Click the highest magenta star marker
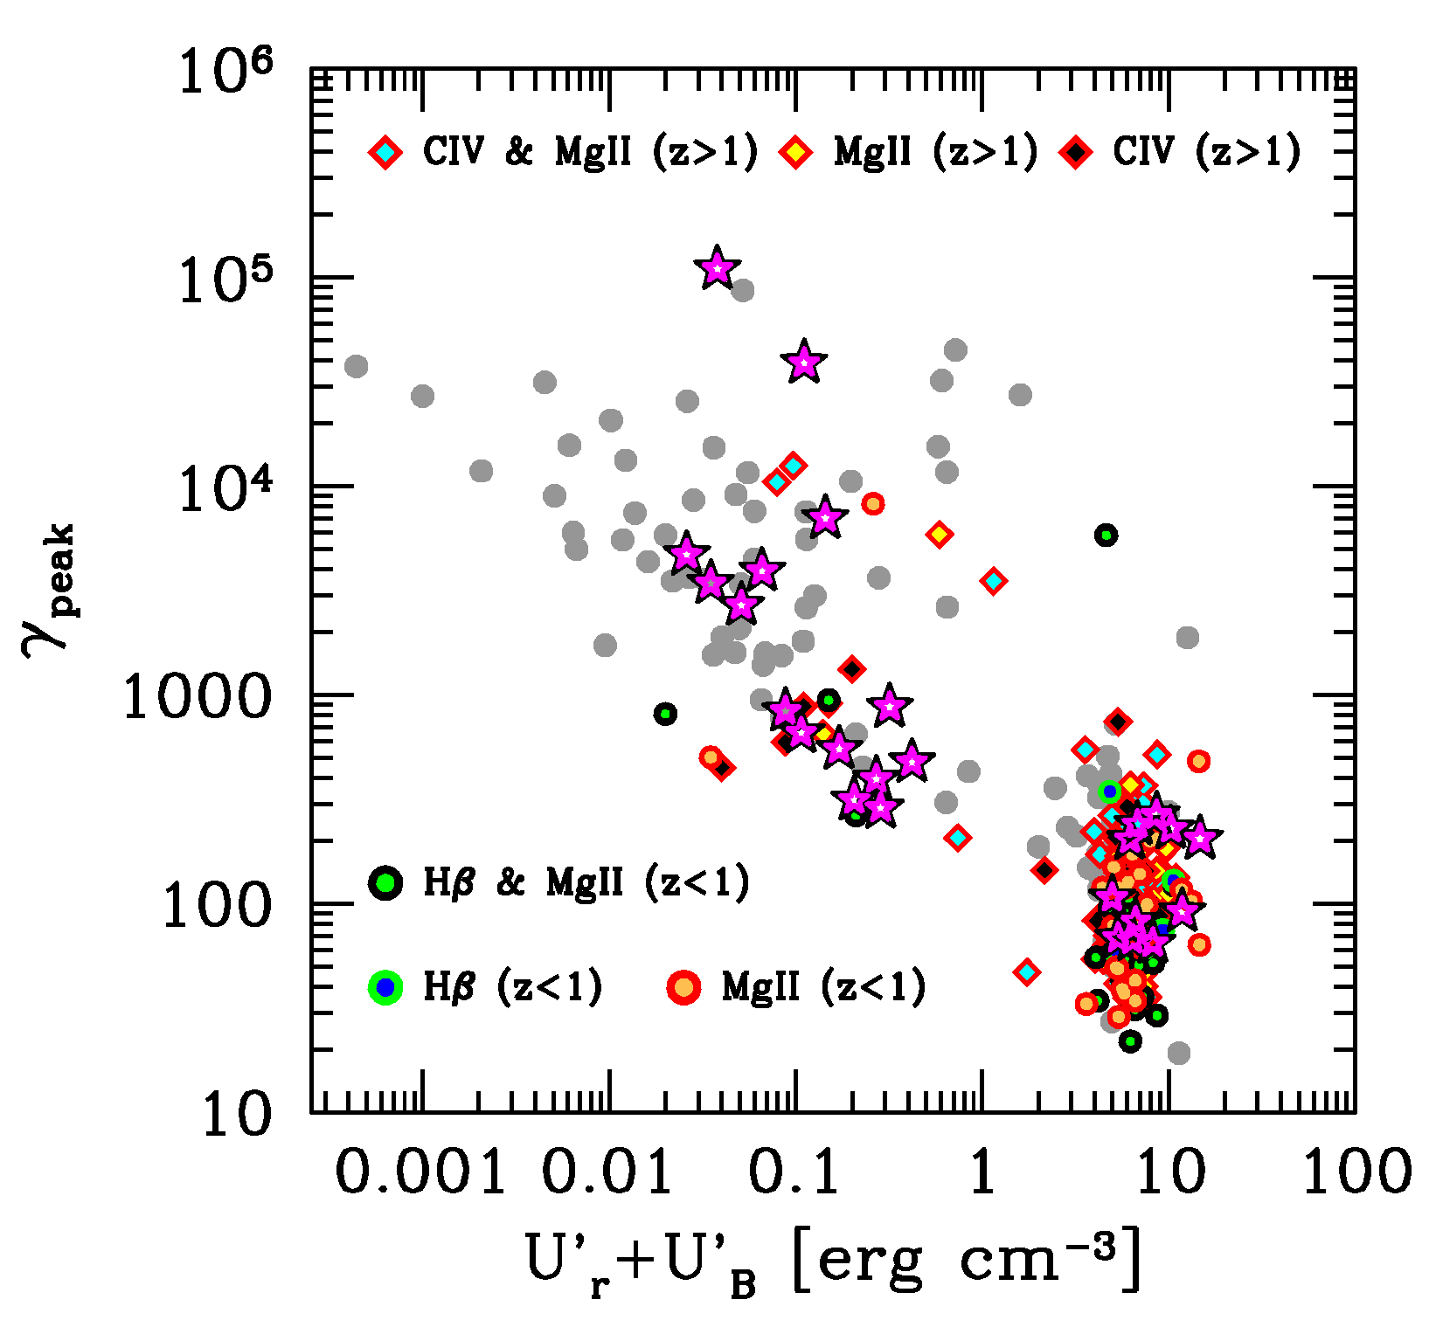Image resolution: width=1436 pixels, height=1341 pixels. [x=717, y=267]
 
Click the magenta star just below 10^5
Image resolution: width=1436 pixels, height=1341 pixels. [x=804, y=361]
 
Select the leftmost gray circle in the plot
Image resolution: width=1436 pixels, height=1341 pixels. [x=356, y=366]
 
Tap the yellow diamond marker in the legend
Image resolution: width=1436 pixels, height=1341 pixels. [x=796, y=153]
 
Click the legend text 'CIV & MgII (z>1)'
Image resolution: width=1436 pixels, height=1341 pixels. [x=590, y=153]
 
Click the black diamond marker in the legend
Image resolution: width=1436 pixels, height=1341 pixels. [x=1076, y=153]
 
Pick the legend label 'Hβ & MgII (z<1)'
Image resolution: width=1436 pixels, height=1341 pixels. [x=586, y=883]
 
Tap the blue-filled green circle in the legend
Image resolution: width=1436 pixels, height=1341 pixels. [x=385, y=987]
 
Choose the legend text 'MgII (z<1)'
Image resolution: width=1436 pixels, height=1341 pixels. [x=823, y=987]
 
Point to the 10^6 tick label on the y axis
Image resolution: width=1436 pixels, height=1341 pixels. [x=225, y=72]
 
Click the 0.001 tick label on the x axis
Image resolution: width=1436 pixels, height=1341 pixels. [x=420, y=1172]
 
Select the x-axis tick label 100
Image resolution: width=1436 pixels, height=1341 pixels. [x=1357, y=1172]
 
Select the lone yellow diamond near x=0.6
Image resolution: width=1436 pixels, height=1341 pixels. [x=939, y=534]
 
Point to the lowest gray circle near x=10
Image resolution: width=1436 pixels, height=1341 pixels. [x=1178, y=1053]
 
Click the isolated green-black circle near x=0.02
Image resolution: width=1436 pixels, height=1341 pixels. [x=665, y=714]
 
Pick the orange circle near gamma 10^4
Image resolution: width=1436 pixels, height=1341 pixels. [x=872, y=503]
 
